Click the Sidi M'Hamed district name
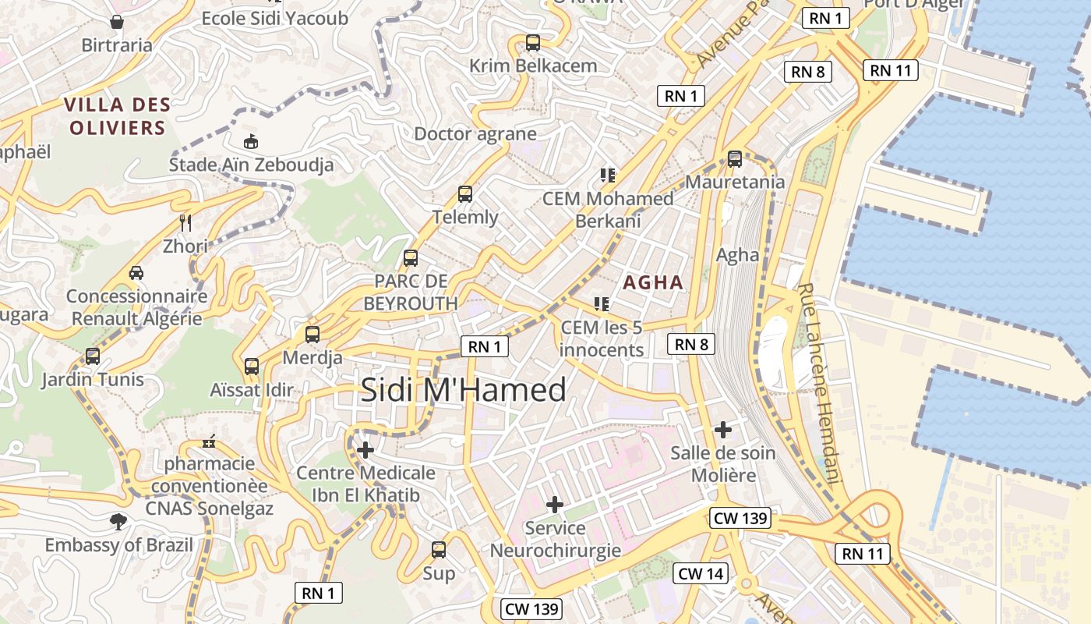coord(463,390)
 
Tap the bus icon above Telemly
coord(465,194)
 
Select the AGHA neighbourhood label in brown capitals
coord(653,282)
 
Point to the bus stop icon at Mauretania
coord(735,159)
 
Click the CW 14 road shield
coord(701,574)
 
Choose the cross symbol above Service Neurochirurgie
coord(555,505)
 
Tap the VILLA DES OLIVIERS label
coord(117,116)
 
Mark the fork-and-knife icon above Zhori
coord(185,223)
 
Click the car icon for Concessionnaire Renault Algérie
coord(136,273)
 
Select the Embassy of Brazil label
coord(118,544)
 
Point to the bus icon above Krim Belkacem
coord(533,43)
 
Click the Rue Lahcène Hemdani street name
coord(821,382)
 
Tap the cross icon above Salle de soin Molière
coord(723,429)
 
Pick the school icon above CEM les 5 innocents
coord(601,303)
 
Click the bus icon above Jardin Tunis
coord(93,356)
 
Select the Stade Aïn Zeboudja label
coord(251,165)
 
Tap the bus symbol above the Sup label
coord(439,550)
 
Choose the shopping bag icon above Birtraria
coord(117,21)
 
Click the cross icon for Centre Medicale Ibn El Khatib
coord(365,449)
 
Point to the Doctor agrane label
coord(475,133)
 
